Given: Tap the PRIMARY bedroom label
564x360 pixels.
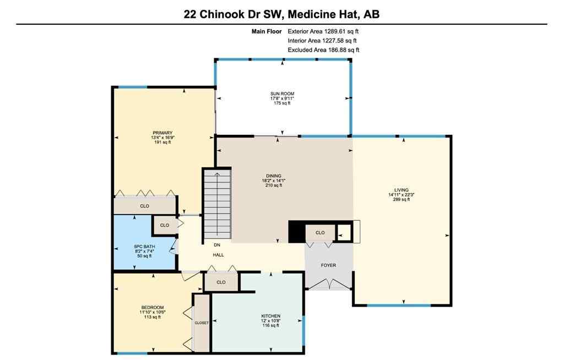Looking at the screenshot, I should tap(162, 133).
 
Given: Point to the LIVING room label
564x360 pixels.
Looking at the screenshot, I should tap(402, 190).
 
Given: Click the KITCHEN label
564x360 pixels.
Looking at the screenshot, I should tap(270, 316).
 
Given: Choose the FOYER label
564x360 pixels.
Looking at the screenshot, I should tap(329, 265).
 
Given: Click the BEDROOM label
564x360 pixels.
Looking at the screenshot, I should tap(152, 307).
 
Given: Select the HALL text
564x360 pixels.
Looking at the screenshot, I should tap(219, 255).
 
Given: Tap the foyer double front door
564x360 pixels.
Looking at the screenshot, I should tap(329, 284).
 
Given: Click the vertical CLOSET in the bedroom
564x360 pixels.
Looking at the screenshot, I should tap(202, 323).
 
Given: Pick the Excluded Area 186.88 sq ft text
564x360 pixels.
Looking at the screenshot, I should tap(323, 50).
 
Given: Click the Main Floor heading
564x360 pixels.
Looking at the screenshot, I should tap(267, 32).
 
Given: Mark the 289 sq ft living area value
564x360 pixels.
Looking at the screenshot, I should tap(402, 200).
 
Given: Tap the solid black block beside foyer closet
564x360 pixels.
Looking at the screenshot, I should tap(296, 231).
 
